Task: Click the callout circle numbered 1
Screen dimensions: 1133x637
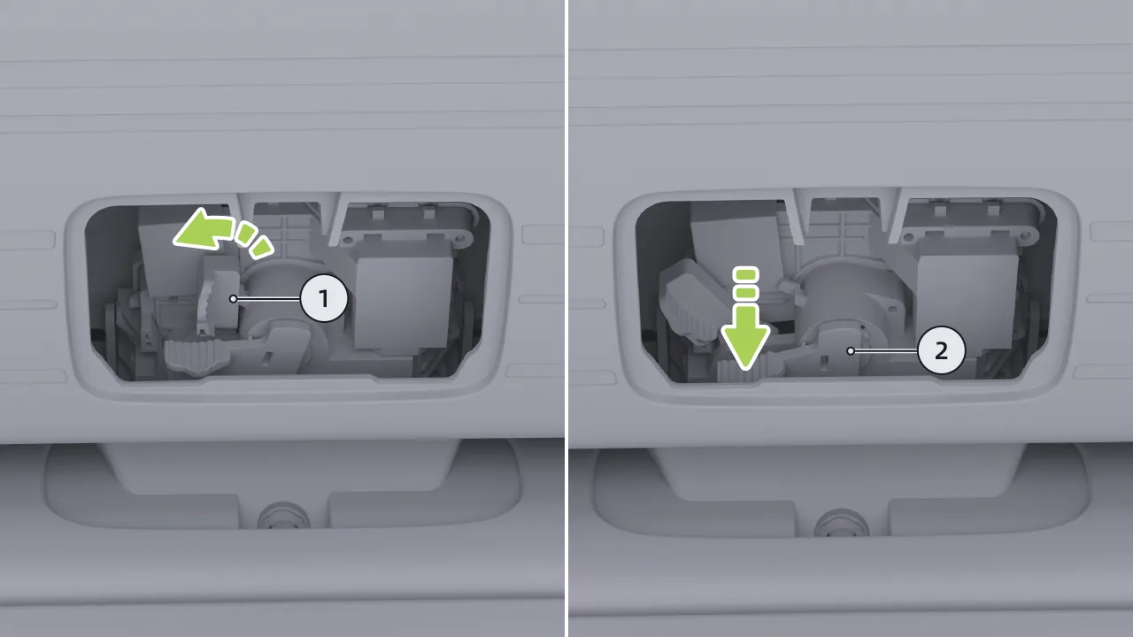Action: pos(324,299)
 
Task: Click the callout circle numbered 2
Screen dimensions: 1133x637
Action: pos(941,351)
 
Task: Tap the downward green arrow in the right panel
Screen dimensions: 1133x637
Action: pos(745,337)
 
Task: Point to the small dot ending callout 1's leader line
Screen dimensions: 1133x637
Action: pos(233,299)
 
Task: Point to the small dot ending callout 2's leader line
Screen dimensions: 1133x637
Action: pos(851,351)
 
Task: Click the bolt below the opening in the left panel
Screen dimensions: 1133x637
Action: pos(283,517)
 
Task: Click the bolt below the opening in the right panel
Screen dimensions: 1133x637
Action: pos(842,523)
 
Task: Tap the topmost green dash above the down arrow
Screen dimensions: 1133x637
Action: pos(746,274)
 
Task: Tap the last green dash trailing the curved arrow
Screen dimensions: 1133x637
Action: pos(261,247)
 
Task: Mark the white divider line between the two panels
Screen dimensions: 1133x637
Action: pos(566,318)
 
